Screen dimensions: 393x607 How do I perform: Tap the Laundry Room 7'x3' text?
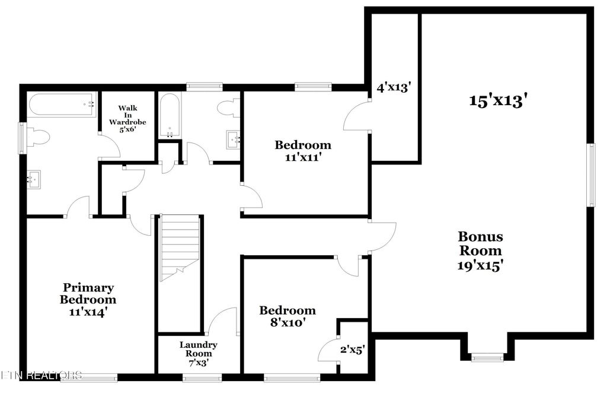point(199,353)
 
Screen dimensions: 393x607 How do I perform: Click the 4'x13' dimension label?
point(394,87)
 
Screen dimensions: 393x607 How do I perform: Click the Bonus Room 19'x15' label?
point(481,251)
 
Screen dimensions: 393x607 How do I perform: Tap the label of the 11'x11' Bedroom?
point(303,151)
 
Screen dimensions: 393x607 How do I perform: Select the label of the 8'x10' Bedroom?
point(287,316)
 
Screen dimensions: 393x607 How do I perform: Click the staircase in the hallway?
point(180,248)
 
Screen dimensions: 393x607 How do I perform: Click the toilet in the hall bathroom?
point(228,108)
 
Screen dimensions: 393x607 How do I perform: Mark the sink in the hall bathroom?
point(232,140)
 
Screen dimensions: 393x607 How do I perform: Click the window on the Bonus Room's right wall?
point(590,175)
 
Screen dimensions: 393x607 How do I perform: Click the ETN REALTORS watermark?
point(41,375)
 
